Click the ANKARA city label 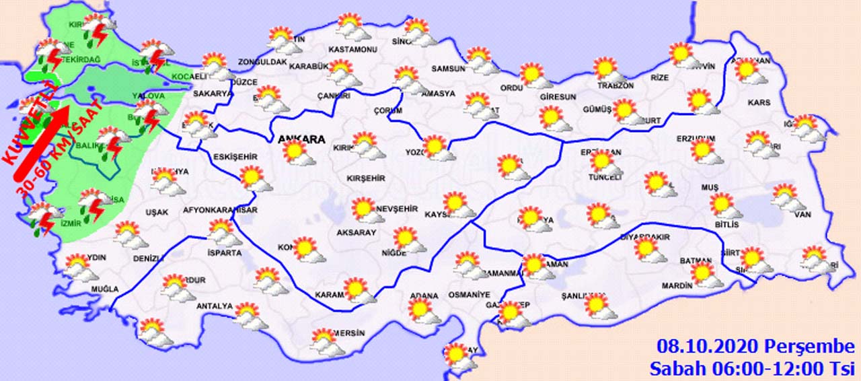tap(301, 140)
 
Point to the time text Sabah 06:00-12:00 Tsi tap(751, 368)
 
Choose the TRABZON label tap(615, 85)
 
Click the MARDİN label tap(677, 286)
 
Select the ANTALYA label tap(214, 307)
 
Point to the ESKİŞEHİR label tap(235, 157)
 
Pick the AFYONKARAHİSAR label tap(221, 211)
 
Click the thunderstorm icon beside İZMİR tap(44, 217)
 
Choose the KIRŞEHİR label tap(365, 178)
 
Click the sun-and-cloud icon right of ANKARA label tap(298, 153)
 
